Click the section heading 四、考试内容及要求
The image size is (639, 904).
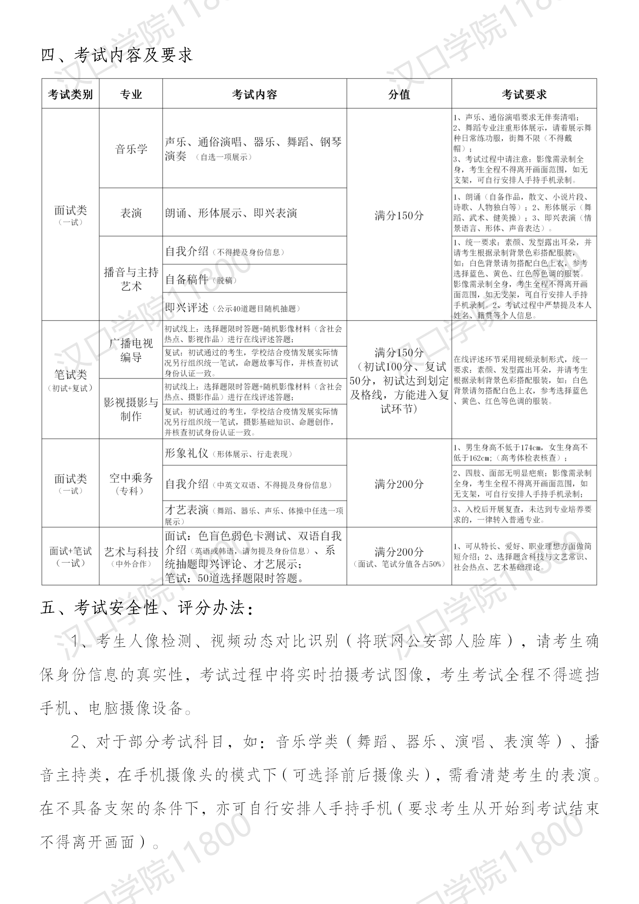(x=117, y=55)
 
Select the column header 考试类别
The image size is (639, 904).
(x=70, y=94)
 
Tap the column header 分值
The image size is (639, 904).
(x=399, y=94)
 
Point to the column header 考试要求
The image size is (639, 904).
(x=524, y=94)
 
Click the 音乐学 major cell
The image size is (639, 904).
(x=131, y=149)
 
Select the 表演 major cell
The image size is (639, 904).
(x=131, y=213)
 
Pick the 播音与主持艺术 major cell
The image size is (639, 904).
(x=131, y=279)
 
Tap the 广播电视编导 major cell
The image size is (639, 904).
(x=131, y=350)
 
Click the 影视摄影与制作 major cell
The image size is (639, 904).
(x=131, y=409)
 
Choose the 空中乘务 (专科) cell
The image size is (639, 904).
(x=131, y=483)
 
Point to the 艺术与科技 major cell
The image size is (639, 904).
(x=131, y=556)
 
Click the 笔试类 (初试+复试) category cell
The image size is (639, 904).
(x=70, y=380)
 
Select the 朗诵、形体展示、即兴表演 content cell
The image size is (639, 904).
(x=254, y=213)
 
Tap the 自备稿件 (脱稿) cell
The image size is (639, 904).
(x=254, y=279)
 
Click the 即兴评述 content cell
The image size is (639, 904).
(x=254, y=308)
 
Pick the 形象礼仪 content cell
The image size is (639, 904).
(x=254, y=453)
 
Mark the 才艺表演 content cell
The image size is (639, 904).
(x=254, y=514)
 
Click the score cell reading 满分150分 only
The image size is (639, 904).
(x=399, y=215)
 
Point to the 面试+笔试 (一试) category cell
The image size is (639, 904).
(x=70, y=556)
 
